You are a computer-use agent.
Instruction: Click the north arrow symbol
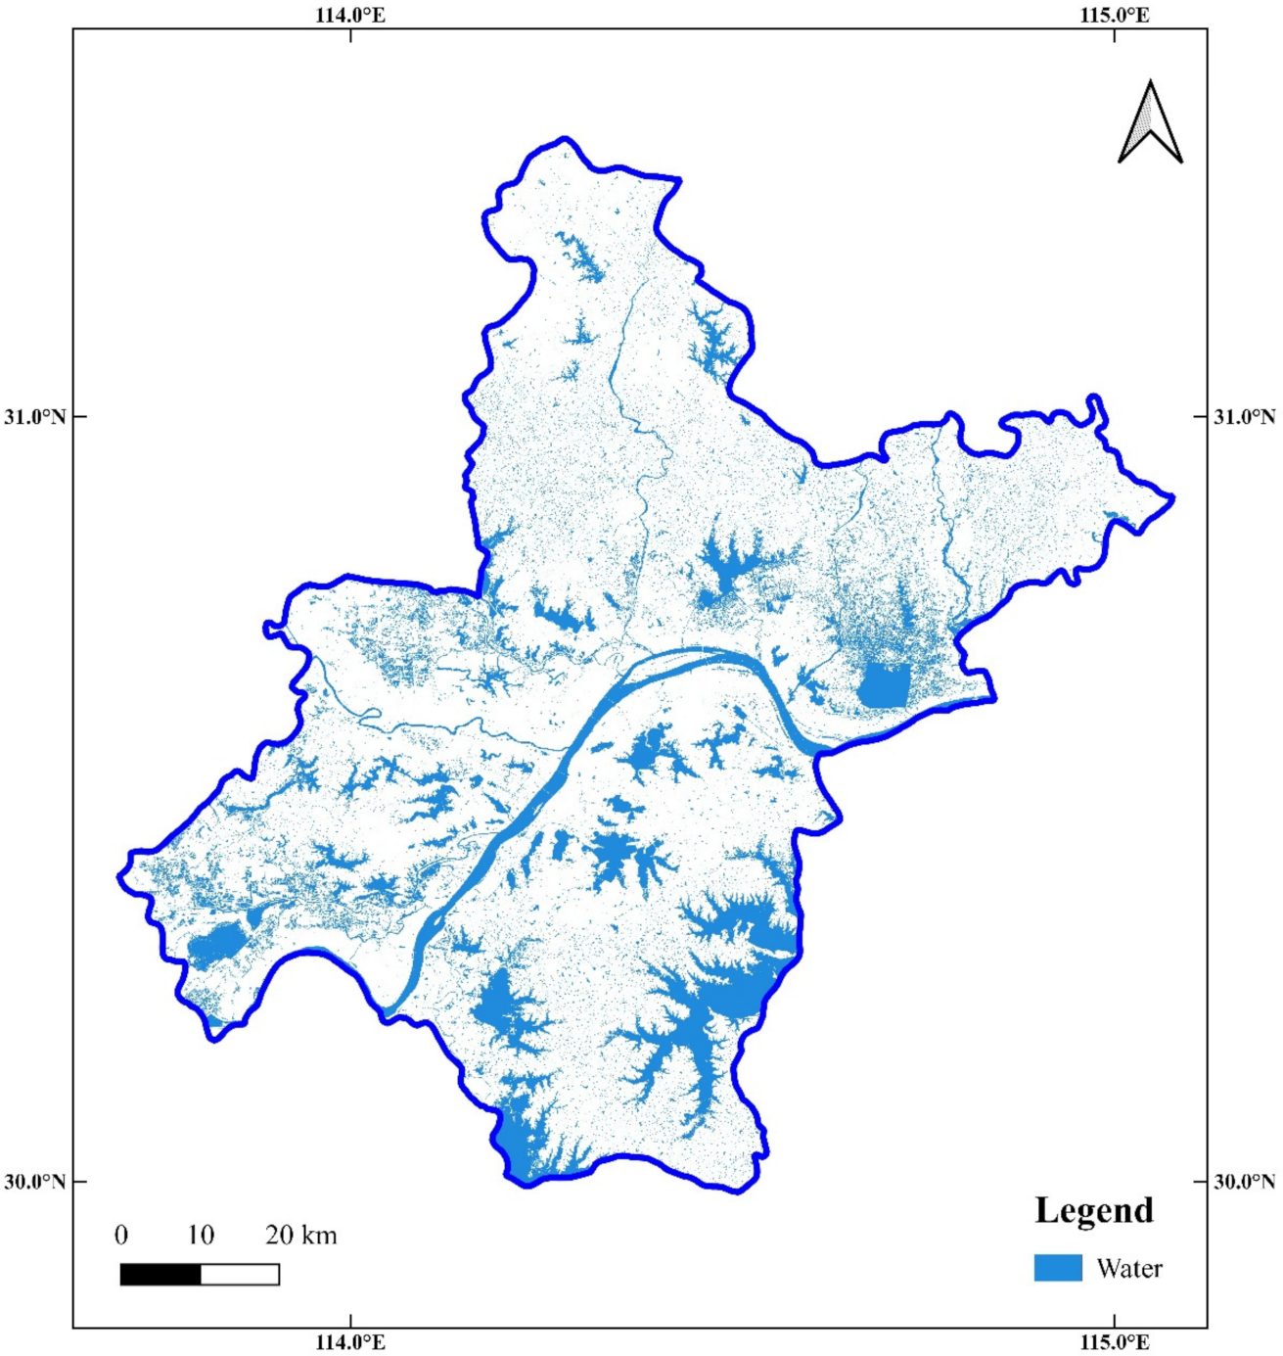(x=1150, y=124)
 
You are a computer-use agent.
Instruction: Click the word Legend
(x=1094, y=1211)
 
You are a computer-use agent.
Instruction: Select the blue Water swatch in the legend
(x=1058, y=1268)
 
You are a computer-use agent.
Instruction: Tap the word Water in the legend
(x=1129, y=1269)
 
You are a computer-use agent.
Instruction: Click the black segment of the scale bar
(x=160, y=1274)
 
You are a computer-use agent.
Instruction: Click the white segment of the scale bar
(x=240, y=1274)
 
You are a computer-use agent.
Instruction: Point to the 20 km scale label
(x=300, y=1235)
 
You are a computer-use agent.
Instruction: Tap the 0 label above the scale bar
(x=121, y=1235)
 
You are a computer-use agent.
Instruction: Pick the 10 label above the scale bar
(x=201, y=1235)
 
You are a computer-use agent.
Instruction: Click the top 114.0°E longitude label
(x=350, y=15)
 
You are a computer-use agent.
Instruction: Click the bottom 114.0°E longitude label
(x=350, y=1342)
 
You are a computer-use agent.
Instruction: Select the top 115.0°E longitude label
(x=1115, y=15)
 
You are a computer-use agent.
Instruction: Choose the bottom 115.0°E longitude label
(x=1115, y=1342)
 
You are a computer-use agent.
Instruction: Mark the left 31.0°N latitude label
(x=34, y=417)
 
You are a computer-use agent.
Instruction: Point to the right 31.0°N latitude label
(x=1245, y=417)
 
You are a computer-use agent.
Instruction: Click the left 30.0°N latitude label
(x=34, y=1182)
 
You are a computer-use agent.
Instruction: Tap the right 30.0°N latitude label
(x=1245, y=1182)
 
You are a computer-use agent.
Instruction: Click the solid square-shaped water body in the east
(x=884, y=684)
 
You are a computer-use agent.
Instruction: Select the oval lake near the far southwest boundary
(x=216, y=945)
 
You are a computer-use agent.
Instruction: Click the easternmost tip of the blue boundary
(x=1173, y=498)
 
